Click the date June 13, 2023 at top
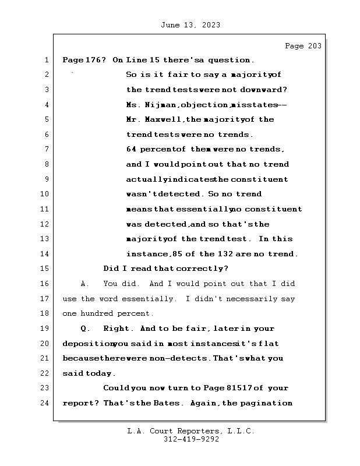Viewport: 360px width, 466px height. (189, 25)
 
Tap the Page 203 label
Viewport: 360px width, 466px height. (302, 46)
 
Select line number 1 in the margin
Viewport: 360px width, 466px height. (46, 60)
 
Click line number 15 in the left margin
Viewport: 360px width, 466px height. (44, 269)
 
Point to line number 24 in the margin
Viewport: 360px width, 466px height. (44, 403)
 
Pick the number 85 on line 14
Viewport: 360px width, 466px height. (178, 253)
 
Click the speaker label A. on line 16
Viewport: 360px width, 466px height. (84, 284)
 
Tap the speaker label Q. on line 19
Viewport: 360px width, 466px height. (84, 329)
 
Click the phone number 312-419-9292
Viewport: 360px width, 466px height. (189, 440)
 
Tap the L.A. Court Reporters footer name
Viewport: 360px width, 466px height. (190, 432)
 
